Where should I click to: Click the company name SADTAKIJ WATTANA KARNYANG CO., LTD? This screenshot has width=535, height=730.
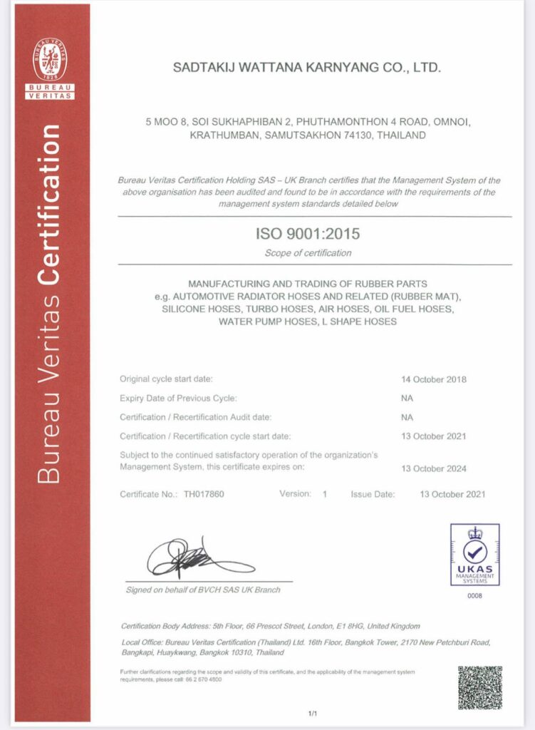click(308, 68)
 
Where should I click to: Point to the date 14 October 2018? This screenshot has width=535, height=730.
click(434, 379)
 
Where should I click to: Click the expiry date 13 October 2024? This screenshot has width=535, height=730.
click(434, 468)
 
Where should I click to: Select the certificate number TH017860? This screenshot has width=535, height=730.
click(204, 493)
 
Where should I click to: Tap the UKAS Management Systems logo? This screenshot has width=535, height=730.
click(474, 555)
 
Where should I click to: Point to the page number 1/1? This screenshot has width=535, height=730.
click(312, 714)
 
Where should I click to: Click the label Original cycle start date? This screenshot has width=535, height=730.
click(166, 379)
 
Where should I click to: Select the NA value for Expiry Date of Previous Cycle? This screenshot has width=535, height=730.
click(407, 399)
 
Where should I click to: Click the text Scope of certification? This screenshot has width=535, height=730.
click(308, 252)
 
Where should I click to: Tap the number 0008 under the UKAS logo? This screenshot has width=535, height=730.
click(474, 595)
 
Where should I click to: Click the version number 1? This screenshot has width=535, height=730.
click(325, 493)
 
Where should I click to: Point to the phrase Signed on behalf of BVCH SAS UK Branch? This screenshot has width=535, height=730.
click(203, 590)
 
